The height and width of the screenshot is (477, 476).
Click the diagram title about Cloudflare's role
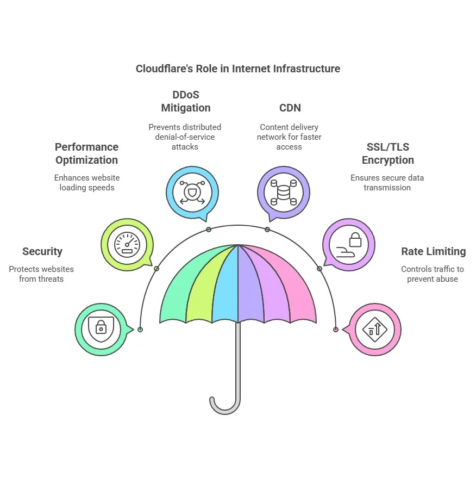tap(237, 69)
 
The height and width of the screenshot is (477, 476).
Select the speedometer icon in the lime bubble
tap(127, 244)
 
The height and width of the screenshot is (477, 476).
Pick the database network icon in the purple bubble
tap(283, 193)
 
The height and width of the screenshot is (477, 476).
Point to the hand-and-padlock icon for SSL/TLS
tap(349, 244)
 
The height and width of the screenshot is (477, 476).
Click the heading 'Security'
tap(42, 251)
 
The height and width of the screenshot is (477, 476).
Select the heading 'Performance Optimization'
tap(86, 153)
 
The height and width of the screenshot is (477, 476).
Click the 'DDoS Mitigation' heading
tap(185, 101)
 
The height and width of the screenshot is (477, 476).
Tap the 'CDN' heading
tap(289, 108)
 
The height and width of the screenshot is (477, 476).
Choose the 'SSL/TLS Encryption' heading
tap(387, 153)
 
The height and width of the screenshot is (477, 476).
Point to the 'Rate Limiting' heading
tap(433, 251)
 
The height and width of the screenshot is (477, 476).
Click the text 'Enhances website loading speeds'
tap(86, 183)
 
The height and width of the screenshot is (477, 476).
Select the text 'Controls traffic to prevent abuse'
tap(432, 274)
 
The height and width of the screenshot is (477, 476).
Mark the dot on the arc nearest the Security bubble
tap(140, 330)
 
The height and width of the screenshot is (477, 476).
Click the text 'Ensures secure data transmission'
tap(387, 183)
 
